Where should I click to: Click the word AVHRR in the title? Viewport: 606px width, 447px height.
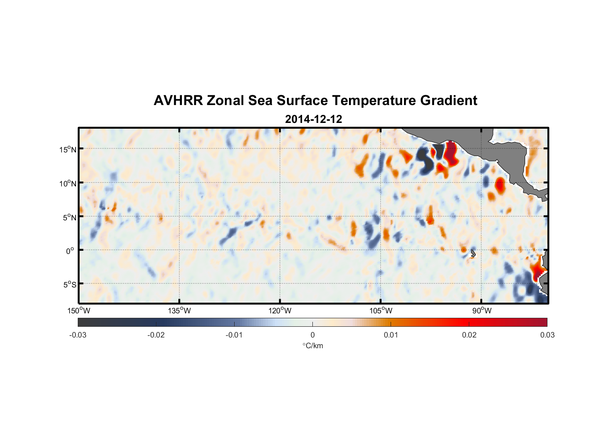[178, 101]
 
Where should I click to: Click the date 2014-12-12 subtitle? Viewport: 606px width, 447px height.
[313, 119]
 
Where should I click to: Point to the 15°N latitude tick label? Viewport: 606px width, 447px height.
[67, 149]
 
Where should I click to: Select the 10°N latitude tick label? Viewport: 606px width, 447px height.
[67, 183]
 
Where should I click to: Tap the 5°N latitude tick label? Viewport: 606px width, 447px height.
[69, 217]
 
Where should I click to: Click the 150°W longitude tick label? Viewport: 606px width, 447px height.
[79, 311]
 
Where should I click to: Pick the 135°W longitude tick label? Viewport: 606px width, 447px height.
[179, 311]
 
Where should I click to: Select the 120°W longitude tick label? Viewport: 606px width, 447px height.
[280, 311]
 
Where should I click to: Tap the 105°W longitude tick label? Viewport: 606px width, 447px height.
[381, 311]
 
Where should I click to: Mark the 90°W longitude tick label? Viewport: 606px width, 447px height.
[481, 311]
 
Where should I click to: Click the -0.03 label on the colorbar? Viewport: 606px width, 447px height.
[78, 335]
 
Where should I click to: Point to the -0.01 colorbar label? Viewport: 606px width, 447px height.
[234, 335]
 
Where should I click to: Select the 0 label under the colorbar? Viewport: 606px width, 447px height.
[312, 335]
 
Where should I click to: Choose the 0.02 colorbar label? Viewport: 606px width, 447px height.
[469, 335]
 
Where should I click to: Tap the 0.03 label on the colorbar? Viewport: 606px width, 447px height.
[547, 335]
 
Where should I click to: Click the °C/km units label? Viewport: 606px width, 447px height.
[312, 346]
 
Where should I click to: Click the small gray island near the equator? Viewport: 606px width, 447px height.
[472, 254]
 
